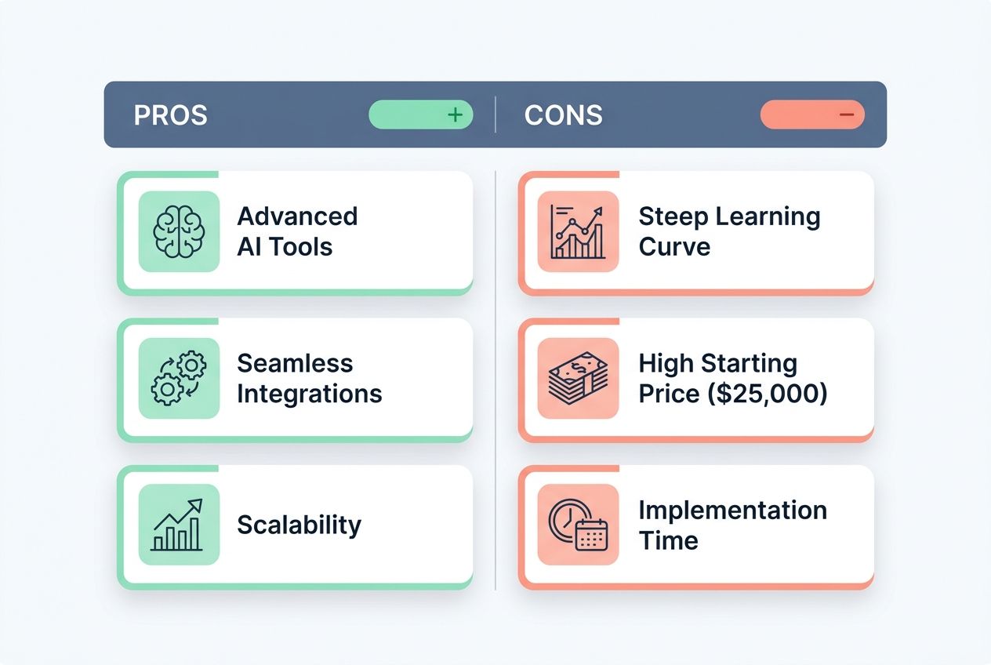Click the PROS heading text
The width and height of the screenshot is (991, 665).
click(x=170, y=115)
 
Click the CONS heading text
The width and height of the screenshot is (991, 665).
click(x=563, y=115)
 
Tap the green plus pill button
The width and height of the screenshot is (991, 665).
click(x=421, y=114)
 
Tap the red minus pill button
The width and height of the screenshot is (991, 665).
click(x=812, y=114)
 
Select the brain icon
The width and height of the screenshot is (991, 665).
click(x=179, y=231)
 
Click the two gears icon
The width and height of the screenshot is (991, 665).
click(x=179, y=378)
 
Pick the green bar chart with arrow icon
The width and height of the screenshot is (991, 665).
click(x=179, y=525)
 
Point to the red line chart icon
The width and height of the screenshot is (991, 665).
click(x=578, y=231)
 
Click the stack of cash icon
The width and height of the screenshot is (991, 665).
click(x=578, y=378)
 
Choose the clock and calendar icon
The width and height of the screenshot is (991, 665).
click(x=578, y=525)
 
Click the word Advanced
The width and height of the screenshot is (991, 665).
click(x=297, y=216)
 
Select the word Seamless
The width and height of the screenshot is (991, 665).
click(x=295, y=363)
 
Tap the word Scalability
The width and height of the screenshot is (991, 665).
click(x=299, y=525)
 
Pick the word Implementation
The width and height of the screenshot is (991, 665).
click(x=732, y=510)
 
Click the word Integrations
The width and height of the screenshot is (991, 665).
click(x=309, y=393)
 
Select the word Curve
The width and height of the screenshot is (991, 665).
click(x=674, y=246)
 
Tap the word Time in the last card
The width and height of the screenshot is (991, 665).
click(x=668, y=540)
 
